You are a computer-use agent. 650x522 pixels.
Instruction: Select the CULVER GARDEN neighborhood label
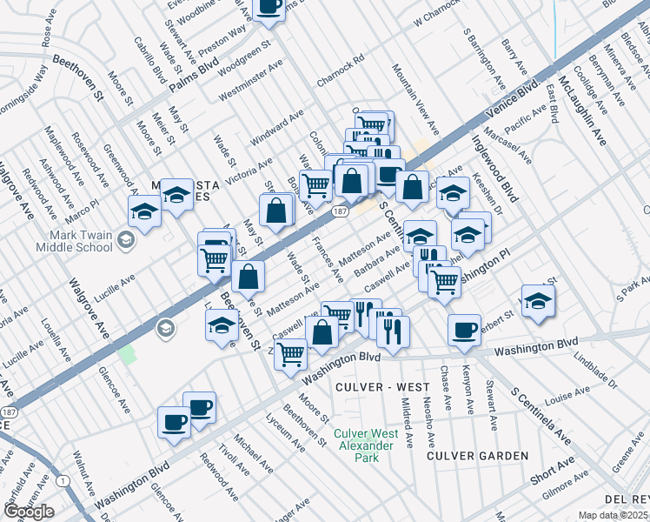(x=477, y=456)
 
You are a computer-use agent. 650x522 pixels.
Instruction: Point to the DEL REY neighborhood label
(x=626, y=499)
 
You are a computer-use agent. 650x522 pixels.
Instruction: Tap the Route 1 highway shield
(x=62, y=480)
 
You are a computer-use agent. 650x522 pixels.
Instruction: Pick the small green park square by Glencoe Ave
(x=128, y=355)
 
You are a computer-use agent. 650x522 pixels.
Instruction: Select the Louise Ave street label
(x=568, y=396)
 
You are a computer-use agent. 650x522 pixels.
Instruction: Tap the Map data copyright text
(x=613, y=515)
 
